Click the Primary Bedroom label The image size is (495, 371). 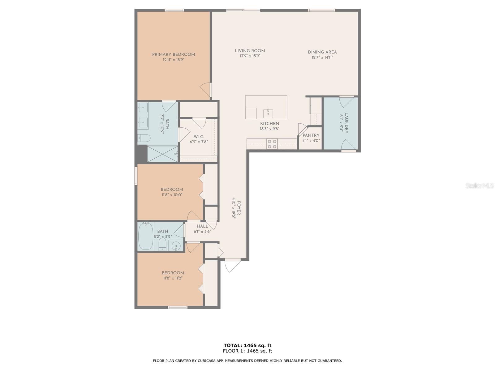[x=173, y=54]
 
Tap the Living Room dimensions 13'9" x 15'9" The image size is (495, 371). [x=250, y=56]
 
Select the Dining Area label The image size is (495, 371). [x=322, y=52]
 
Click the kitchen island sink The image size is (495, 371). [x=268, y=113]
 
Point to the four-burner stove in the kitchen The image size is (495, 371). [x=272, y=144]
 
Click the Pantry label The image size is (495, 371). [x=311, y=135]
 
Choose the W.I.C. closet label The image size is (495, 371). [x=199, y=137]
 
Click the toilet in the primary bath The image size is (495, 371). [x=144, y=138]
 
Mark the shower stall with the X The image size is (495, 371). [x=163, y=154]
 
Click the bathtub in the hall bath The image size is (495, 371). [x=145, y=237]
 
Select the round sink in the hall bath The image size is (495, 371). [x=176, y=246]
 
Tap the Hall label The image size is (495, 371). [x=202, y=226]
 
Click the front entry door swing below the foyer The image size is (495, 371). [x=232, y=265]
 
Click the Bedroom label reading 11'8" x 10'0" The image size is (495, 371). [x=172, y=190]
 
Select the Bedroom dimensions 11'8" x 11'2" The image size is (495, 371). [x=173, y=278]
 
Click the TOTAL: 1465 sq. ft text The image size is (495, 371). [x=247, y=345]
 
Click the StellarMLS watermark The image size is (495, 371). [x=479, y=185]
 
